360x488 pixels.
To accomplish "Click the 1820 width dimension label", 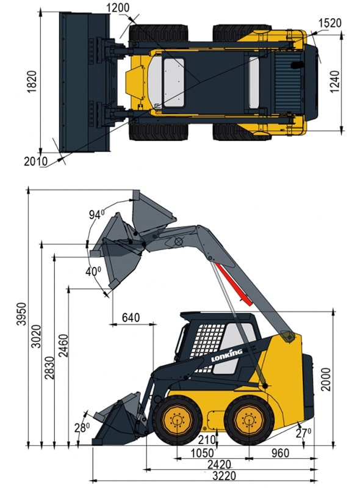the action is tap(32, 82).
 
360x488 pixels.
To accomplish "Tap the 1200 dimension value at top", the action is tap(118, 8).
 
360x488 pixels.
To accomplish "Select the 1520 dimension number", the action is tap(330, 23).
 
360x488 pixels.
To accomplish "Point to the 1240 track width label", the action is tap(335, 82).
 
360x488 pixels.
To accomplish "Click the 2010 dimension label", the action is tap(36, 161).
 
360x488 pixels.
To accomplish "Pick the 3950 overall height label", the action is tap(22, 313).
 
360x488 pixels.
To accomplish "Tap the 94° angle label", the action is tap(96, 214).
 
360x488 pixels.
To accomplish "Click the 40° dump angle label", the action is tap(93, 271).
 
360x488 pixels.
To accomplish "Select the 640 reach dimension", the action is tap(131, 318).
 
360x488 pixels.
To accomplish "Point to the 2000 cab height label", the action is tap(326, 379).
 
